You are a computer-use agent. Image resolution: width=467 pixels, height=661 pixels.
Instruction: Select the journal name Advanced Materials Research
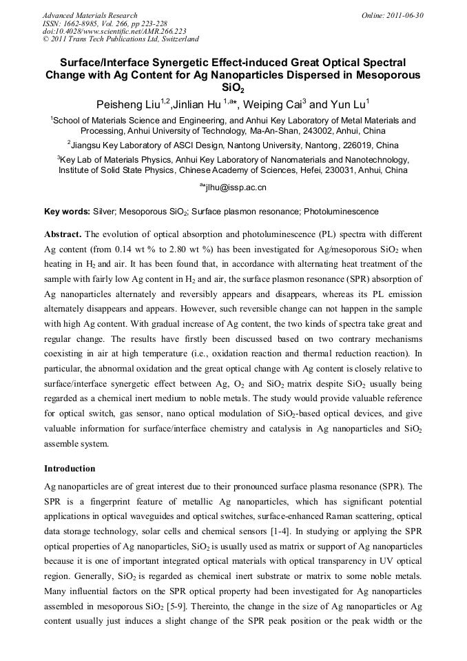(x=90, y=15)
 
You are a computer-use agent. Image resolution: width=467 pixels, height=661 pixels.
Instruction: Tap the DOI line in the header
(x=114, y=31)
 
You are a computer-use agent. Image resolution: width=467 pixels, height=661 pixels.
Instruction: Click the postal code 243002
(x=328, y=131)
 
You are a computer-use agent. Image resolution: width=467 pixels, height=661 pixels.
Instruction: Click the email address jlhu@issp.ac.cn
(x=236, y=187)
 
